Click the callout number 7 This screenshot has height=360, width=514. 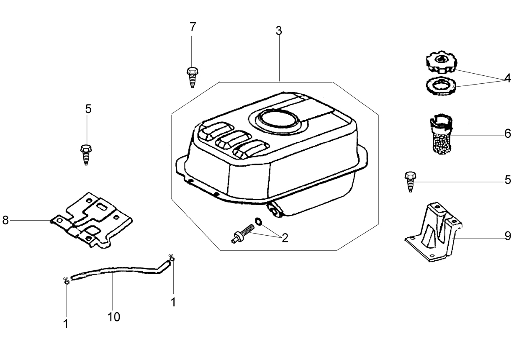[193, 27]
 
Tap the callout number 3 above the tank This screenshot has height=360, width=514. [279, 31]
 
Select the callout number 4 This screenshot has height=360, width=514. [508, 78]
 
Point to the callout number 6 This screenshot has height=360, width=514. [508, 134]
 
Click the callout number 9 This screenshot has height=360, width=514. [508, 236]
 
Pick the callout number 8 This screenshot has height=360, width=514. [5, 220]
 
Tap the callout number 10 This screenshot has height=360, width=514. [113, 317]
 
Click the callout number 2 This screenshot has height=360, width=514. [285, 238]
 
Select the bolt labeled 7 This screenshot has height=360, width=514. [192, 77]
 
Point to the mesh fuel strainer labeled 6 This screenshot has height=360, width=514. [441, 134]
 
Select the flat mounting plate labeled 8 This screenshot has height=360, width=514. [91, 221]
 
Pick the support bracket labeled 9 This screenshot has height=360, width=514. [434, 232]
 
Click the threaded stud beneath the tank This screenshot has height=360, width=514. [242, 234]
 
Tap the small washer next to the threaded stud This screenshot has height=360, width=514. [258, 221]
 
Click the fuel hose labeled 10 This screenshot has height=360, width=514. [121, 270]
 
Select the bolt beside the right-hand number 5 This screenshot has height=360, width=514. [410, 182]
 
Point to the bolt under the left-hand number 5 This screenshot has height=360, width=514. [86, 155]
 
